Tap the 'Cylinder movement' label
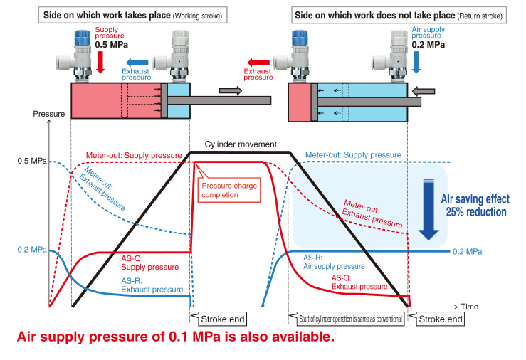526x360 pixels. [x=241, y=145]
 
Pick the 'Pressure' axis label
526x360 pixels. [x=50, y=114]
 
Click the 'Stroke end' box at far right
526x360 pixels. [x=439, y=319]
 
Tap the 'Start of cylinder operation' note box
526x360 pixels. [x=347, y=319]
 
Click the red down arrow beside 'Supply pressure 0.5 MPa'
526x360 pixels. [x=100, y=65]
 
